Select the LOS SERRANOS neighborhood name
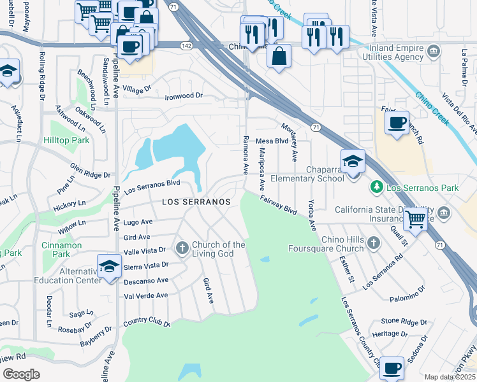(x=196, y=201)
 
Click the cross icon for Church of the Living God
(x=182, y=247)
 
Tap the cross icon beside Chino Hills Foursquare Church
(x=373, y=242)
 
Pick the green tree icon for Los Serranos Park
(x=377, y=188)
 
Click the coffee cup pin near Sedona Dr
(x=392, y=367)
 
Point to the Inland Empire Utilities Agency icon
(x=434, y=51)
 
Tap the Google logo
(x=21, y=374)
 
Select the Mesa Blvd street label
(x=272, y=141)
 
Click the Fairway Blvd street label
(x=279, y=204)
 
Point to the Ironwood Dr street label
(x=184, y=95)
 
